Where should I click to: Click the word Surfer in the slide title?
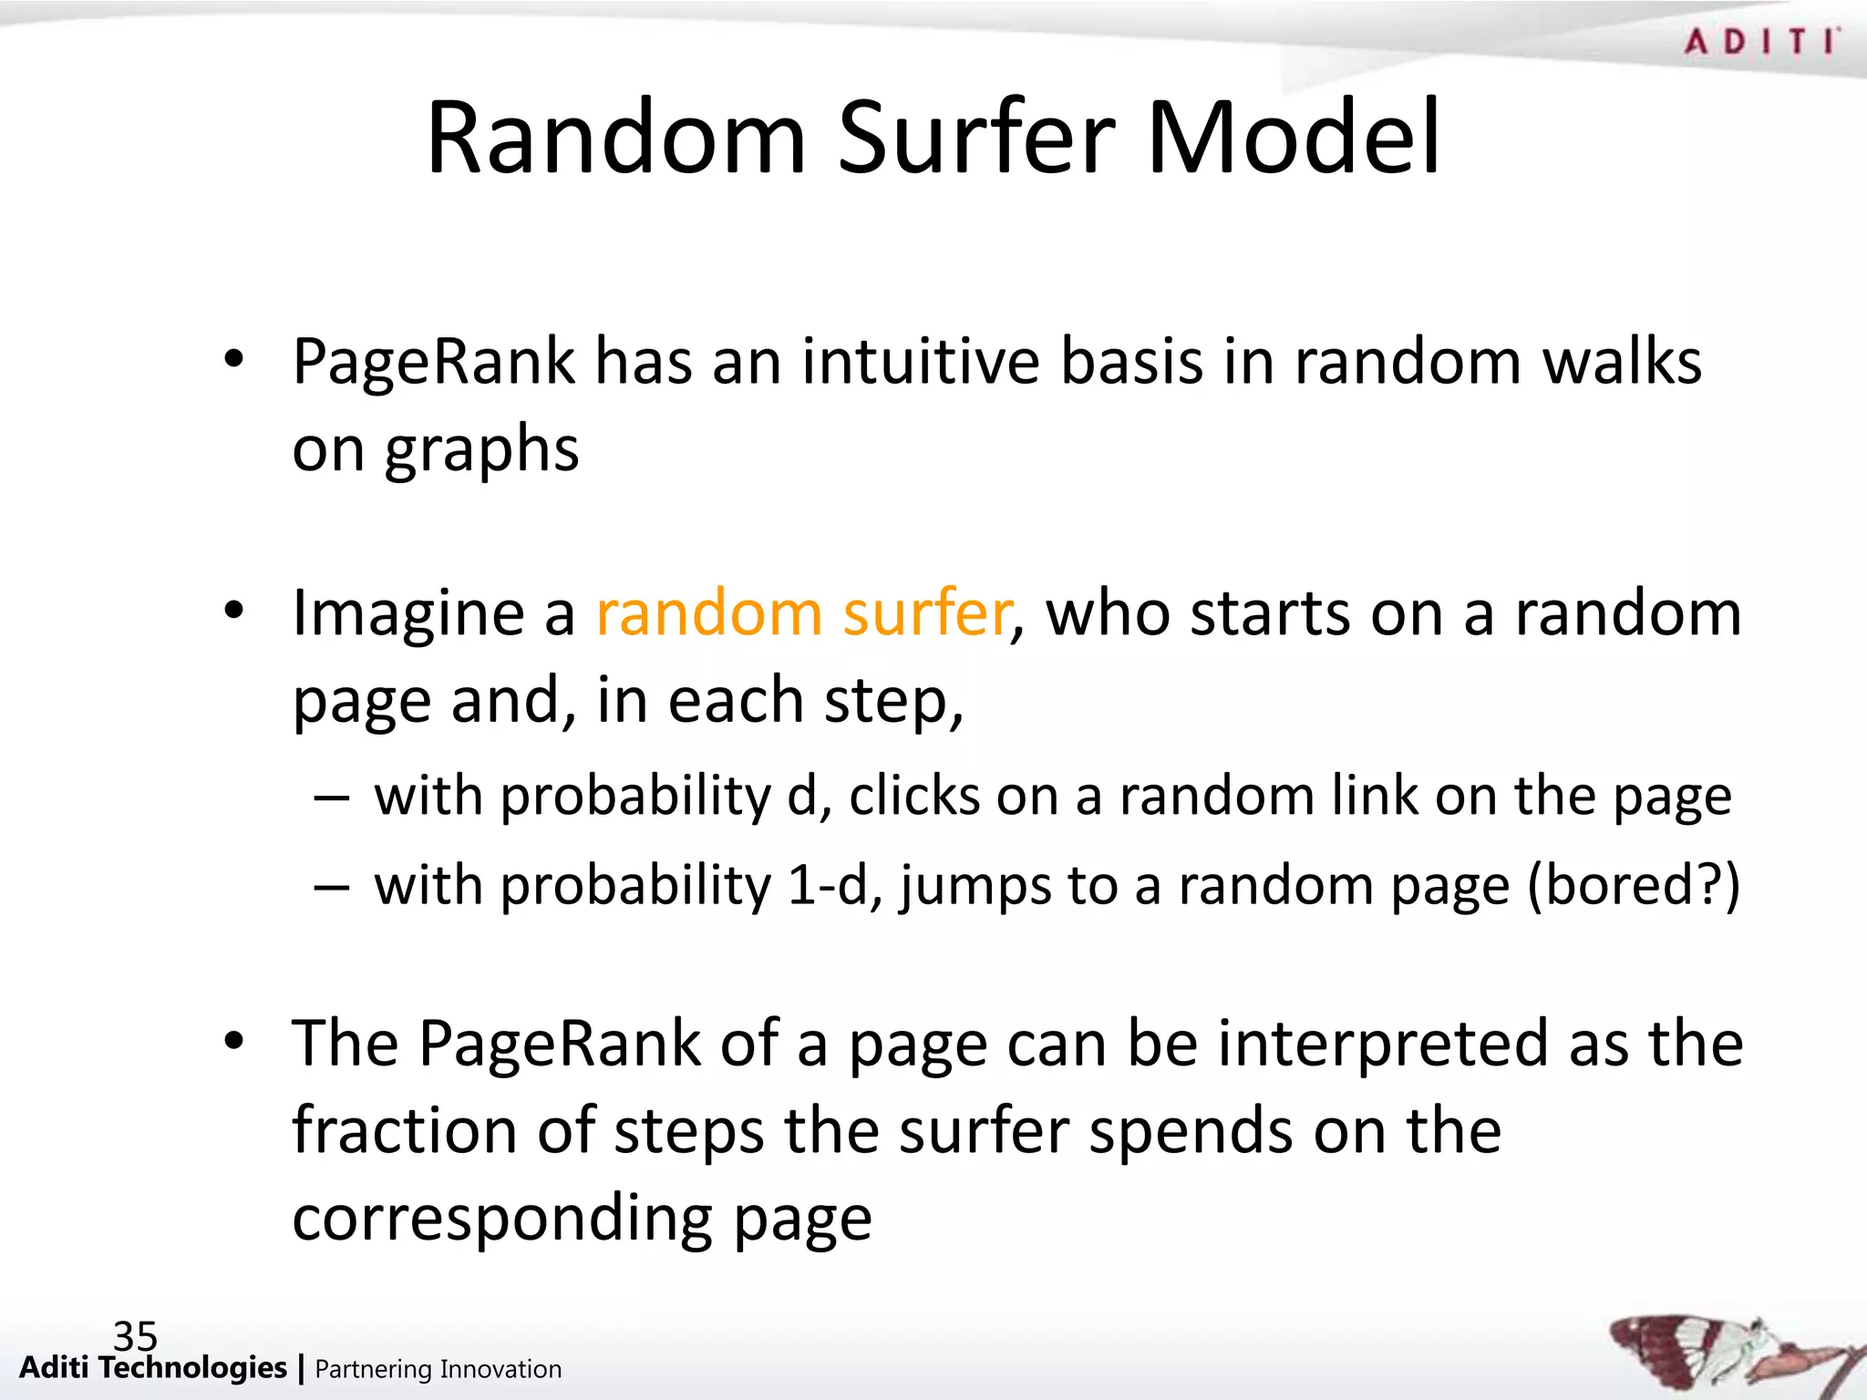click(975, 139)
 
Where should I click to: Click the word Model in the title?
click(1294, 139)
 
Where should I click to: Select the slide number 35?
click(135, 1336)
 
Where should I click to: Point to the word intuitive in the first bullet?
click(921, 362)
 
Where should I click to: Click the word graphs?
click(481, 450)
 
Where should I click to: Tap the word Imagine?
click(408, 614)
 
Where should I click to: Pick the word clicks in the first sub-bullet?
click(914, 796)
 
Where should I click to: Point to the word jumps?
click(974, 886)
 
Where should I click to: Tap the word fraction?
click(404, 1130)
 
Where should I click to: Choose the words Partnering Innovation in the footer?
click(438, 1369)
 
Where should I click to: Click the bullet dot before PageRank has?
click(234, 360)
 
